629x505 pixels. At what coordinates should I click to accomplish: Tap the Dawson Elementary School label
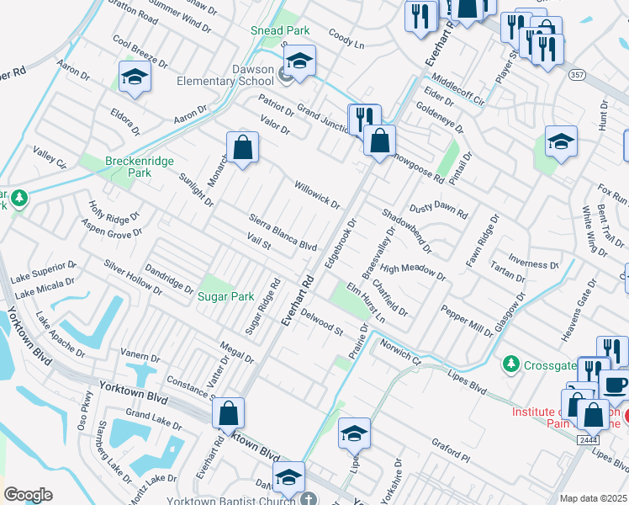(x=225, y=75)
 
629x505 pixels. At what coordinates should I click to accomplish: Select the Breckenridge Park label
(x=128, y=166)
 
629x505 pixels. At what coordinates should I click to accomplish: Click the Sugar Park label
(x=225, y=296)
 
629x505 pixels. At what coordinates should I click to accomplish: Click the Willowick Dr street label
(x=317, y=194)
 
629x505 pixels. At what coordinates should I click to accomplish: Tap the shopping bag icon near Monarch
(x=242, y=148)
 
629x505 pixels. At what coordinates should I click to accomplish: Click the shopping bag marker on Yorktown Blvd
(x=228, y=414)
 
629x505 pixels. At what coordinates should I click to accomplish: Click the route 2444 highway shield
(x=588, y=439)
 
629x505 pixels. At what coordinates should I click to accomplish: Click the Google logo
(x=27, y=495)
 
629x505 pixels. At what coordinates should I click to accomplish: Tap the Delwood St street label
(x=322, y=324)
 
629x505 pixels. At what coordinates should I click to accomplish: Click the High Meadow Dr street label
(x=412, y=271)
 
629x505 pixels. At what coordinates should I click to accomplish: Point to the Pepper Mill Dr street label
(x=468, y=321)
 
